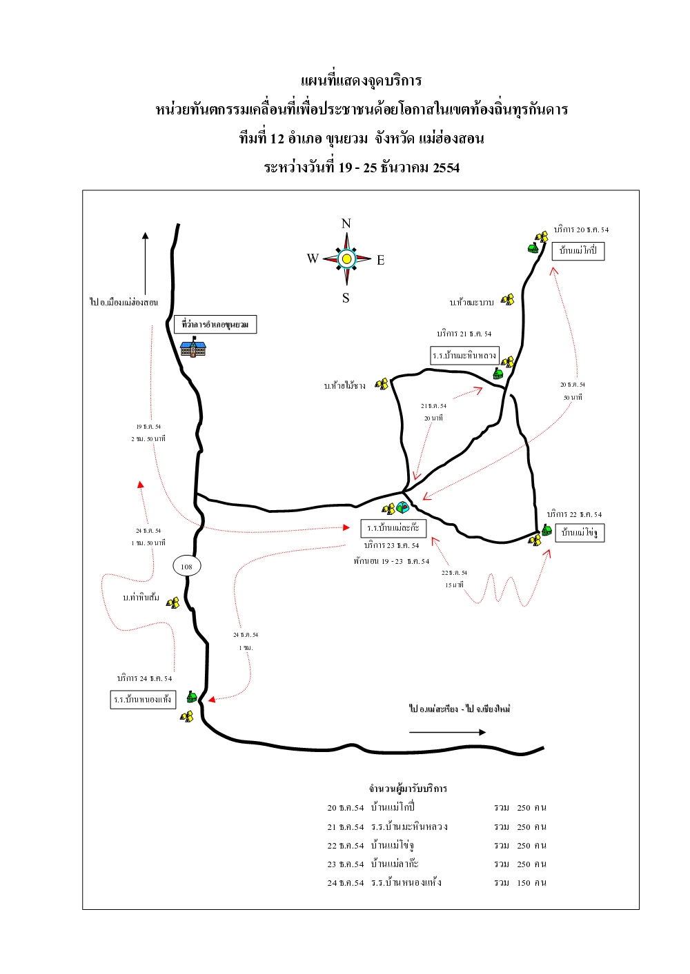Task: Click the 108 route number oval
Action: point(186,567)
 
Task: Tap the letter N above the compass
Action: point(346,223)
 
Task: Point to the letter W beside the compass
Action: point(313,258)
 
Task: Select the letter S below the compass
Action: point(346,298)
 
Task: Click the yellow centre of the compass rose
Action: point(346,258)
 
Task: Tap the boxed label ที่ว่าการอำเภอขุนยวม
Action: point(215,324)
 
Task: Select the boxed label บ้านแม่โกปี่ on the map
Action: point(578,250)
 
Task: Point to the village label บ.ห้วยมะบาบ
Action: point(472,303)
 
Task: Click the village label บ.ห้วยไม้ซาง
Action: point(345,386)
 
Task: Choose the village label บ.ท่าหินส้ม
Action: point(141,598)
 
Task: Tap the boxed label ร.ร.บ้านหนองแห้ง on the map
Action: point(143,700)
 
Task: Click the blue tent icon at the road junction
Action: point(403,507)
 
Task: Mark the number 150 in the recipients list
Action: point(524,882)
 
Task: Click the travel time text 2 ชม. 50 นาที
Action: point(148,439)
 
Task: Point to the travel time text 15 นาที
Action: point(454,585)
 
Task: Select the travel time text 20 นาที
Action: point(433,418)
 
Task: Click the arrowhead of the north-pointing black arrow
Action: point(145,236)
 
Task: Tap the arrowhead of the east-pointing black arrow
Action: point(482,732)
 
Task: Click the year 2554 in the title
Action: point(446,168)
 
